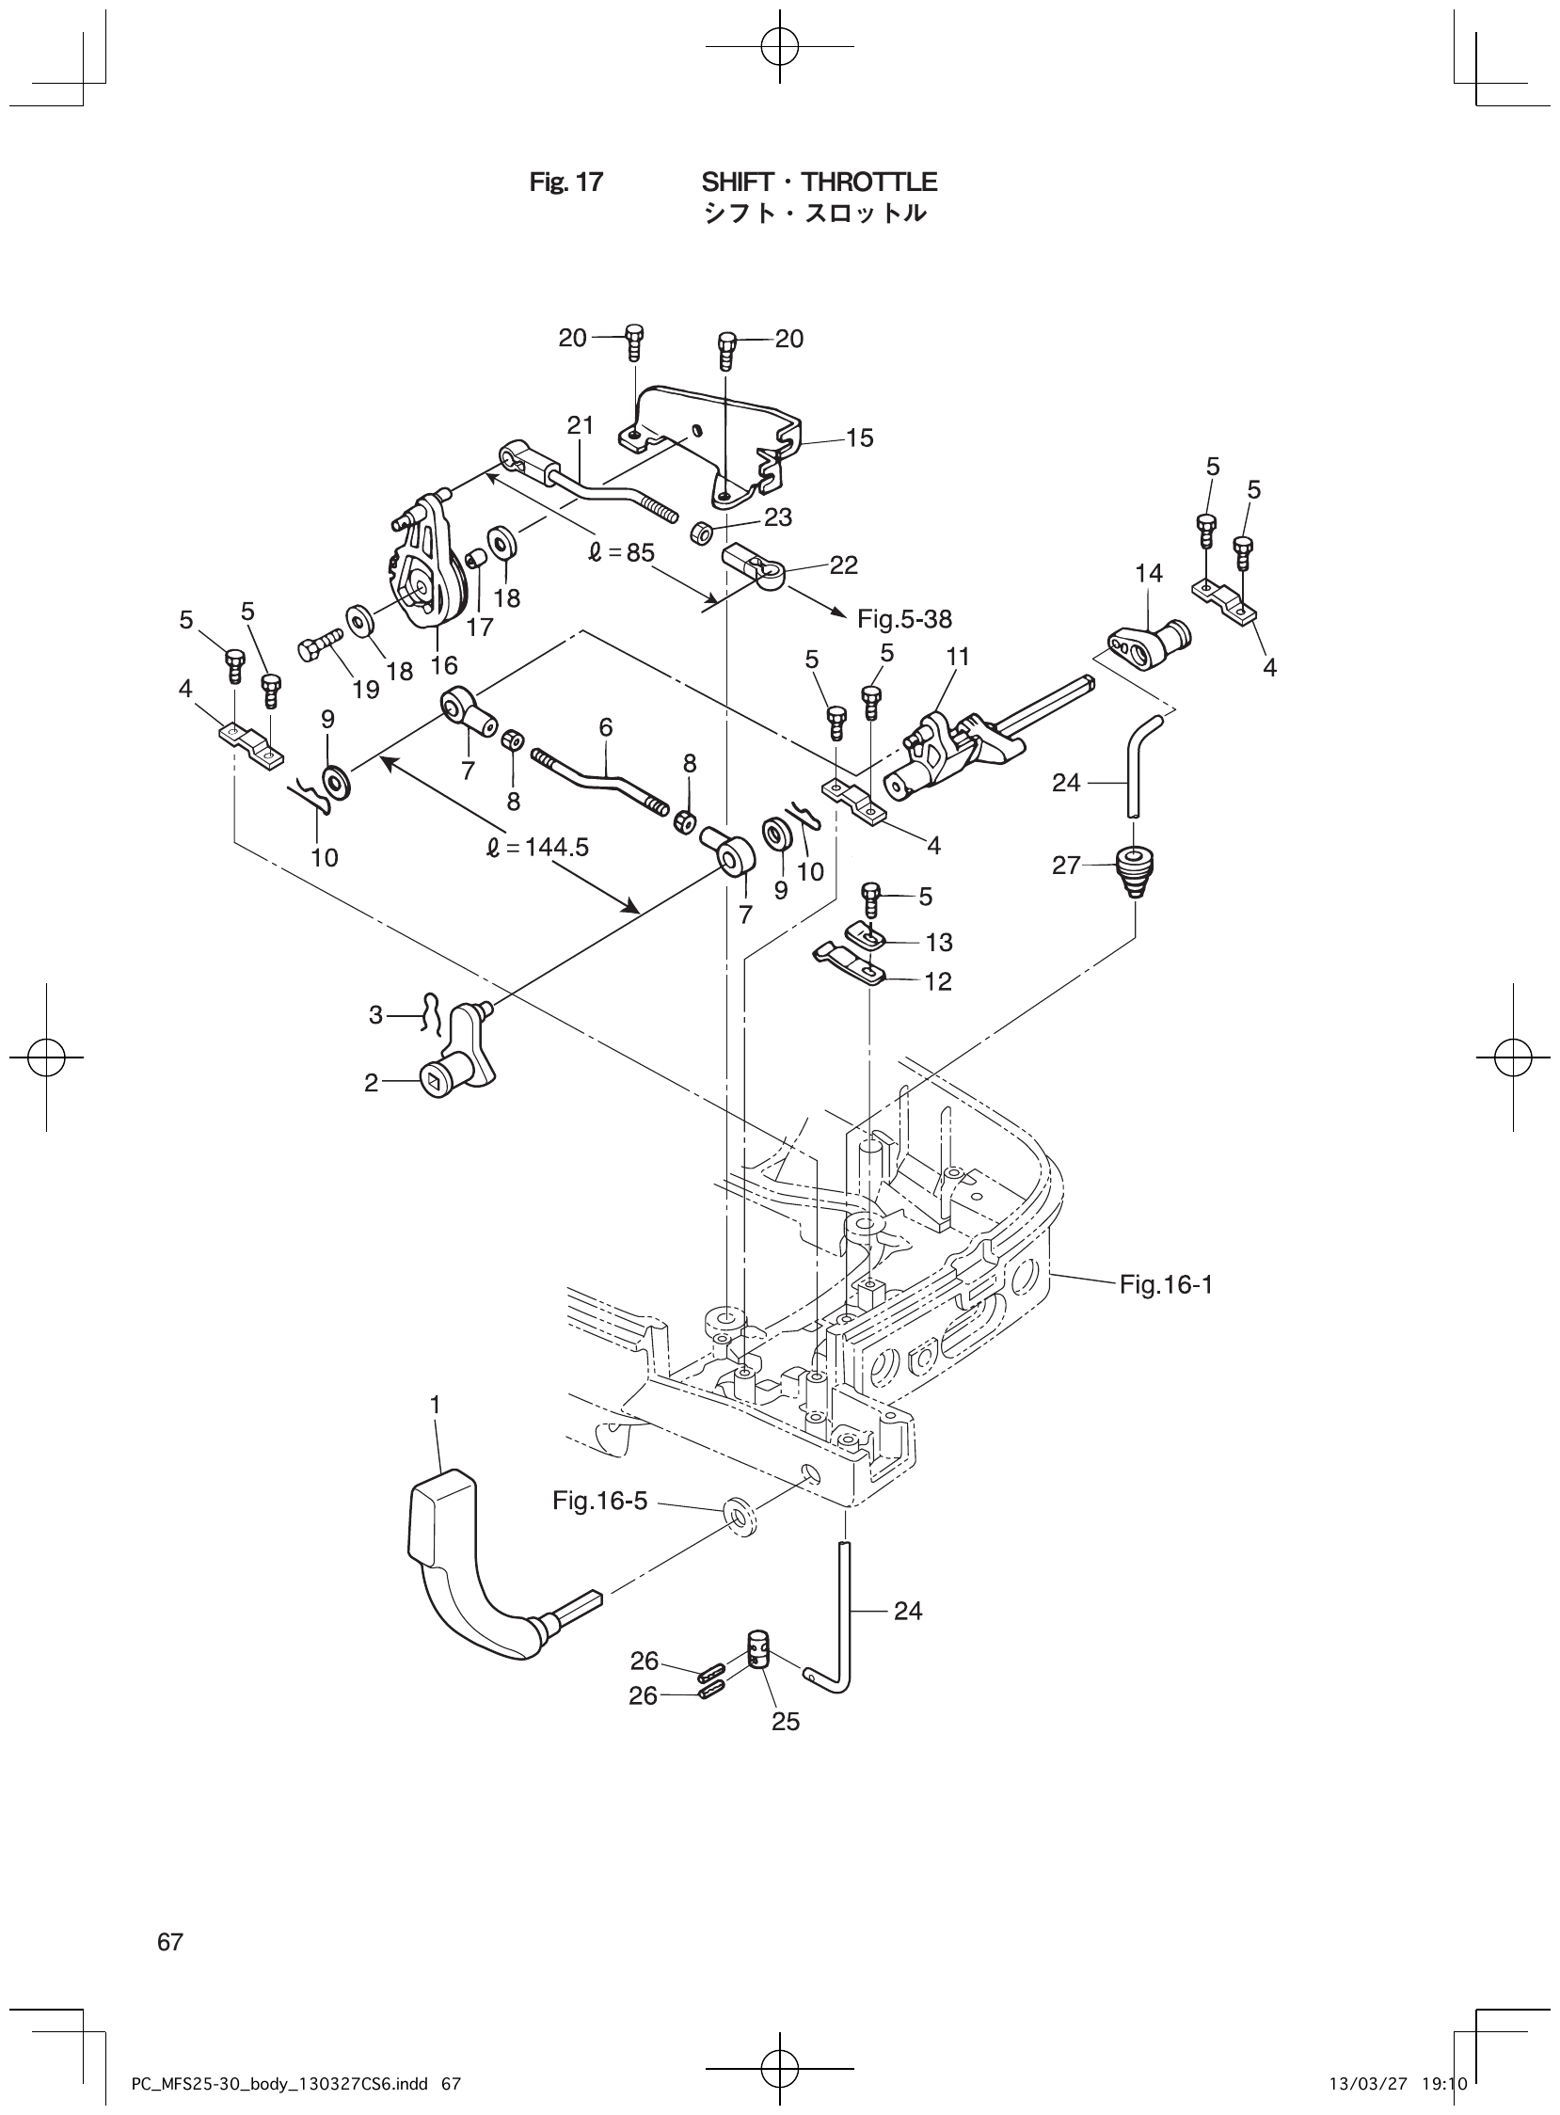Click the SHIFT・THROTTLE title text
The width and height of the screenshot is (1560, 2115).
(819, 182)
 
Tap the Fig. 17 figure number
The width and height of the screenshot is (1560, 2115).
(565, 183)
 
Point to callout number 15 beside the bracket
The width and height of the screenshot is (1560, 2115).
(859, 438)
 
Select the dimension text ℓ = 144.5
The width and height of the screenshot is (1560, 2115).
(536, 848)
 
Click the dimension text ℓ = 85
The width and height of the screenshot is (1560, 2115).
(620, 552)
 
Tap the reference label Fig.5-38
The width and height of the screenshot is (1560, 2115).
(903, 619)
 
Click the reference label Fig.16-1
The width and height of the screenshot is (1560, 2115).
(1165, 1284)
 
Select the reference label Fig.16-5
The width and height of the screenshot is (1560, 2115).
(599, 1501)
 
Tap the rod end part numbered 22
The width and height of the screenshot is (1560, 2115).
(756, 572)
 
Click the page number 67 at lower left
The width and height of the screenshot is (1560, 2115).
(170, 1942)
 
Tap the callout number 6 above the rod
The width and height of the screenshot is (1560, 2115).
(605, 727)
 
